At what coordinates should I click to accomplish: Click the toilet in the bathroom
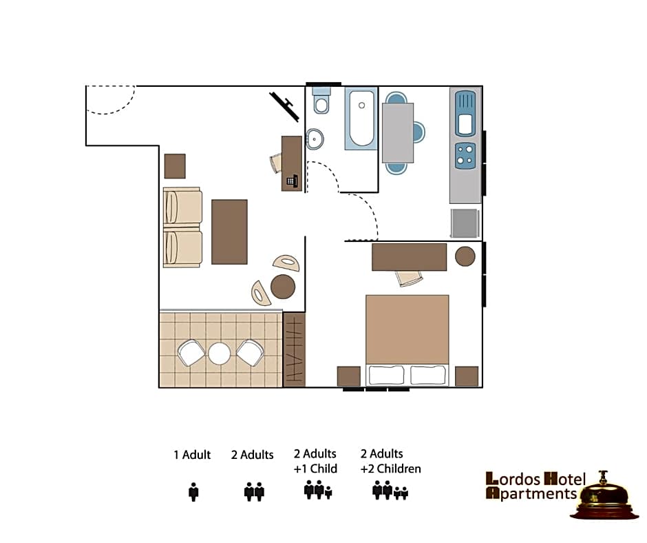coord(321,102)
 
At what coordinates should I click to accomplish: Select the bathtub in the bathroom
coord(361,119)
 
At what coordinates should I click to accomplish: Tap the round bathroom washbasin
coord(315,139)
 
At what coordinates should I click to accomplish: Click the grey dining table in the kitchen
coord(398,132)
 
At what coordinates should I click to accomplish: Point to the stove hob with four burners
coord(465,156)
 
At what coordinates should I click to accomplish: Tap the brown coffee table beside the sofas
coord(229,232)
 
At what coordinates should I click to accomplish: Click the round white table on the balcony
coord(220,354)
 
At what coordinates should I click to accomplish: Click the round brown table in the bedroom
coord(465,256)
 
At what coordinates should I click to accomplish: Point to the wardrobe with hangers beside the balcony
coord(294,349)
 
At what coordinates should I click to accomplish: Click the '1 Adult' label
coord(192,455)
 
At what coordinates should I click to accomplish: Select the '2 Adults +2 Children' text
coord(390,461)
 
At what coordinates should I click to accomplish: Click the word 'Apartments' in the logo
coord(531,493)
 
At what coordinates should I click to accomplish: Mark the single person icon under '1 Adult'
coord(193,492)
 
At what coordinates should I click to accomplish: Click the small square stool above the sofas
coord(175,166)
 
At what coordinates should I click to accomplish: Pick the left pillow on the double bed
coord(386,376)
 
